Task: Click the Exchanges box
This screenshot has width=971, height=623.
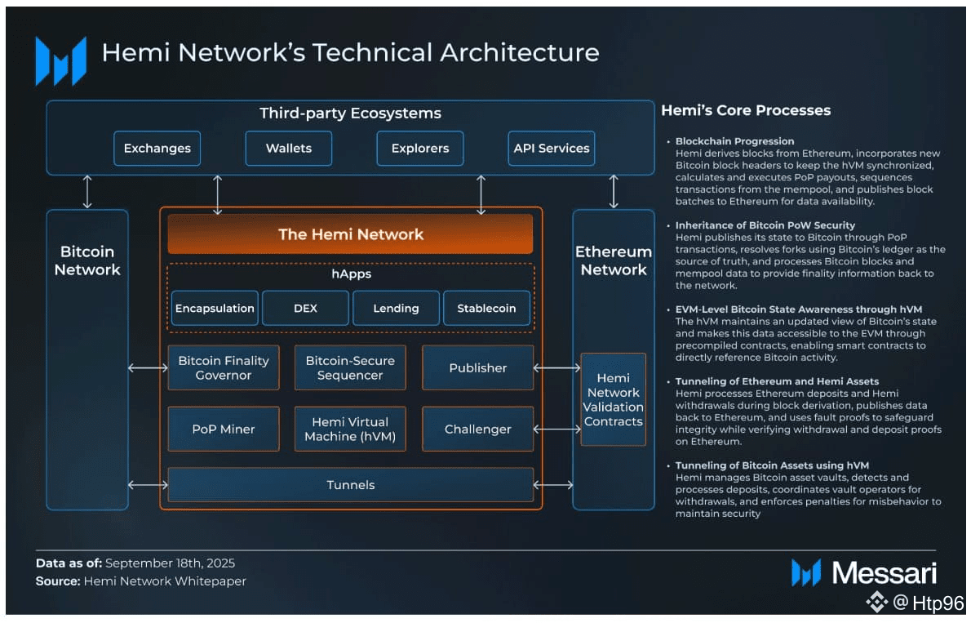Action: tap(157, 149)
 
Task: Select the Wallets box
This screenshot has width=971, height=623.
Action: tap(289, 149)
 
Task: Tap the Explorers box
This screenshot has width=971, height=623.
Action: tap(420, 149)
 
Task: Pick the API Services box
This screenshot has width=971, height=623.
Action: tap(552, 149)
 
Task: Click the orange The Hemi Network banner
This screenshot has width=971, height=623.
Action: tap(350, 234)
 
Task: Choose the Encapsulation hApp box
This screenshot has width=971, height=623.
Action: tap(215, 309)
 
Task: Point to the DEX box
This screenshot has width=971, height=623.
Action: tap(305, 309)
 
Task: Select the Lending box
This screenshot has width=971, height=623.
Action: tap(396, 309)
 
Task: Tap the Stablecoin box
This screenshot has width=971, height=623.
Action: tap(486, 309)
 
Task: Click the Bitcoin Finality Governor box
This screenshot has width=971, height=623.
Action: tap(224, 368)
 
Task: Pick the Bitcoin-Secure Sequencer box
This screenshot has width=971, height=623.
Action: tap(350, 368)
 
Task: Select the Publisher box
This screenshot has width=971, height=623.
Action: tap(477, 368)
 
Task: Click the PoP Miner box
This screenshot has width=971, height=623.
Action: tap(224, 429)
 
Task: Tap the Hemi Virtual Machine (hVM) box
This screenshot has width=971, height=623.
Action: tap(350, 429)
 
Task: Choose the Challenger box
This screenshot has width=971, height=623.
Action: tap(477, 429)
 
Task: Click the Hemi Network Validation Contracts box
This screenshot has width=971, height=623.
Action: tap(613, 400)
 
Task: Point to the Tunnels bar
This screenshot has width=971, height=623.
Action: tap(350, 485)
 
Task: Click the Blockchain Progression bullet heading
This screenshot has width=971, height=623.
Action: tap(734, 141)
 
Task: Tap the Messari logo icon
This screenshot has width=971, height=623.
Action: tap(805, 572)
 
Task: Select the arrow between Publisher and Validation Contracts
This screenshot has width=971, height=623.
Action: tap(557, 368)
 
